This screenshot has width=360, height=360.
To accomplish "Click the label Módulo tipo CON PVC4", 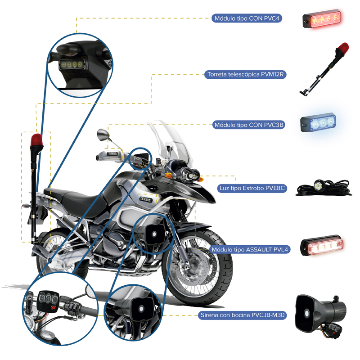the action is (x=247, y=18).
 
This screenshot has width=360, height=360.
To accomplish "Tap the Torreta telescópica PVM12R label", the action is (x=245, y=74).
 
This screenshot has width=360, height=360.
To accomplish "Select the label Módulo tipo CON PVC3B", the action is (x=249, y=125).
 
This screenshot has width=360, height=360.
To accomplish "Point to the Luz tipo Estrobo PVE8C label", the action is (x=252, y=188).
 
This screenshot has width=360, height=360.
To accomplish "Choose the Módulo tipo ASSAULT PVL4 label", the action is (x=250, y=250).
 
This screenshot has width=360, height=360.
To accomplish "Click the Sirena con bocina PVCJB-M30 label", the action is (x=243, y=315).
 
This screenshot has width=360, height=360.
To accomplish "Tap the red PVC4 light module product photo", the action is (x=322, y=18).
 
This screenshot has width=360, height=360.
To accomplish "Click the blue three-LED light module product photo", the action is (x=318, y=124).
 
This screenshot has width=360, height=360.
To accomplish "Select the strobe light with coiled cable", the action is (x=324, y=188).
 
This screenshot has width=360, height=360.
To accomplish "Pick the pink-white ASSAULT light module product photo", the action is (x=322, y=246).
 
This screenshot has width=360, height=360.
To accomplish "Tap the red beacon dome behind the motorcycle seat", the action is (x=36, y=139).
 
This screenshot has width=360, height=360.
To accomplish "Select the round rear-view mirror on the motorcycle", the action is (x=103, y=135).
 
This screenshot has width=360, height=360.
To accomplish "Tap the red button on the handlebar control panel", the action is (x=54, y=307).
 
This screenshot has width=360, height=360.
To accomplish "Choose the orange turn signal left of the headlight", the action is (x=169, y=175).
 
